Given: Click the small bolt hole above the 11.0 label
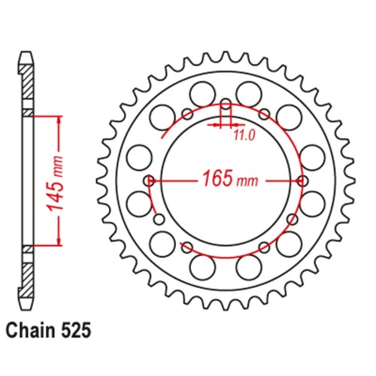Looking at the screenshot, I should [226, 103].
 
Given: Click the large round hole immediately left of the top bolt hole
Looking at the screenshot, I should [202, 94].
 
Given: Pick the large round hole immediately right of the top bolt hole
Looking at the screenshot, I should [250, 94].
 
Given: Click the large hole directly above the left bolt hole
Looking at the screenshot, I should [138, 157].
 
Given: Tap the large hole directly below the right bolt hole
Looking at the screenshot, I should [313, 204].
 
